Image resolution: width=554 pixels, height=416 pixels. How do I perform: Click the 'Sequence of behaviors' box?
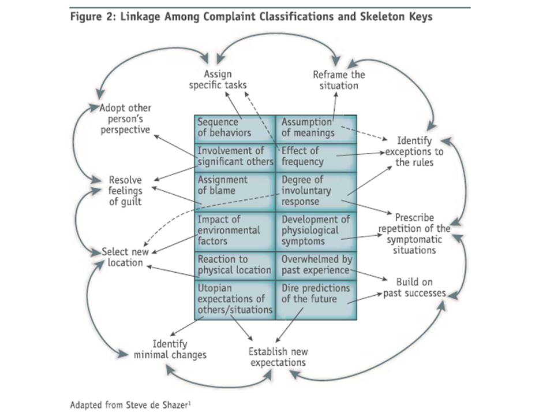click(235, 129)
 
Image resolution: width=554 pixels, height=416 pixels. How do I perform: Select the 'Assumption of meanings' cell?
click(316, 129)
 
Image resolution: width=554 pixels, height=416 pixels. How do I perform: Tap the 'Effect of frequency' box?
click(316, 158)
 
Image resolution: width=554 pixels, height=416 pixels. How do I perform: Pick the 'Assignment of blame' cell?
click(235, 192)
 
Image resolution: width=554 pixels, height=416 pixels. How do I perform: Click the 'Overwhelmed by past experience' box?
click(316, 266)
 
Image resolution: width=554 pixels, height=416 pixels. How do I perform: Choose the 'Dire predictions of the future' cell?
click(316, 300)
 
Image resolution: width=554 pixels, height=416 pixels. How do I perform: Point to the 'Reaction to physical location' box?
click(235, 266)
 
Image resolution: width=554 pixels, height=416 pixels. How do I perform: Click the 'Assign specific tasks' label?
click(218, 80)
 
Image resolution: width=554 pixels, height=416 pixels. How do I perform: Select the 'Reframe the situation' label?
click(339, 80)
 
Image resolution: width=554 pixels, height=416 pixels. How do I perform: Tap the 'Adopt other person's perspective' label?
click(125, 119)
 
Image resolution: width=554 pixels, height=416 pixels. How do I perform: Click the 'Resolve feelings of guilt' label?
click(125, 191)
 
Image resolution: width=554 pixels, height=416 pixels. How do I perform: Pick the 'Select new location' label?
click(125, 257)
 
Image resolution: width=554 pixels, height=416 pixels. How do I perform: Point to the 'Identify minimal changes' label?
click(170, 349)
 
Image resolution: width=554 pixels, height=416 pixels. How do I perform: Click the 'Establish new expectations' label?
click(278, 357)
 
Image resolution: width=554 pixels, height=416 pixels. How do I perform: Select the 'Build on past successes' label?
click(414, 287)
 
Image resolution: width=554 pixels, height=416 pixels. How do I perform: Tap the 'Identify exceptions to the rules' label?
click(414, 151)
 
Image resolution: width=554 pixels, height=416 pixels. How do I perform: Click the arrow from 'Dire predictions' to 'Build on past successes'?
click(365, 298)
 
